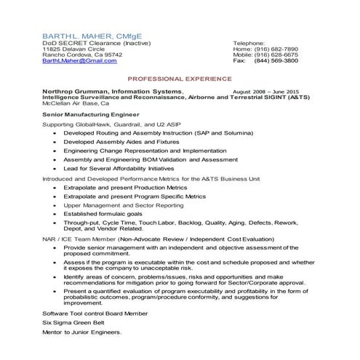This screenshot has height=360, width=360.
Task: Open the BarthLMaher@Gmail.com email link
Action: [x=79, y=60]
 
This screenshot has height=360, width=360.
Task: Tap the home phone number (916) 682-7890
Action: [x=276, y=49]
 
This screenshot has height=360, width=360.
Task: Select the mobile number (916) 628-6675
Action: [x=276, y=55]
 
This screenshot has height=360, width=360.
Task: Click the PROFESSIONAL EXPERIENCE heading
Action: [x=180, y=78]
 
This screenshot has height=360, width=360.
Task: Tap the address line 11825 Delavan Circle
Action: [x=73, y=49]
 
